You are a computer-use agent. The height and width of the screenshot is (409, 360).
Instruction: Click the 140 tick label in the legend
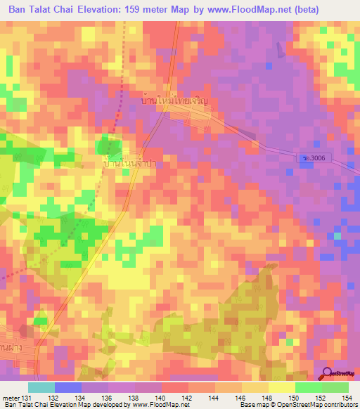coord(162,398)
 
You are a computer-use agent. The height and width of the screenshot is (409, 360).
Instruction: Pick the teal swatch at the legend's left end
coord(41,387)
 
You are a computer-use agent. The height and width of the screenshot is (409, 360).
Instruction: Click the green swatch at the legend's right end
coord(335,387)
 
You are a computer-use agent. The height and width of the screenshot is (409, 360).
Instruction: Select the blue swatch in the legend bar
coord(68,387)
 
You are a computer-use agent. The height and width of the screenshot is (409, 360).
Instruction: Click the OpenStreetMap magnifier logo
coord(328,374)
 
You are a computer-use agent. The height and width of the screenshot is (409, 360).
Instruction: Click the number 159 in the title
coord(144,10)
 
